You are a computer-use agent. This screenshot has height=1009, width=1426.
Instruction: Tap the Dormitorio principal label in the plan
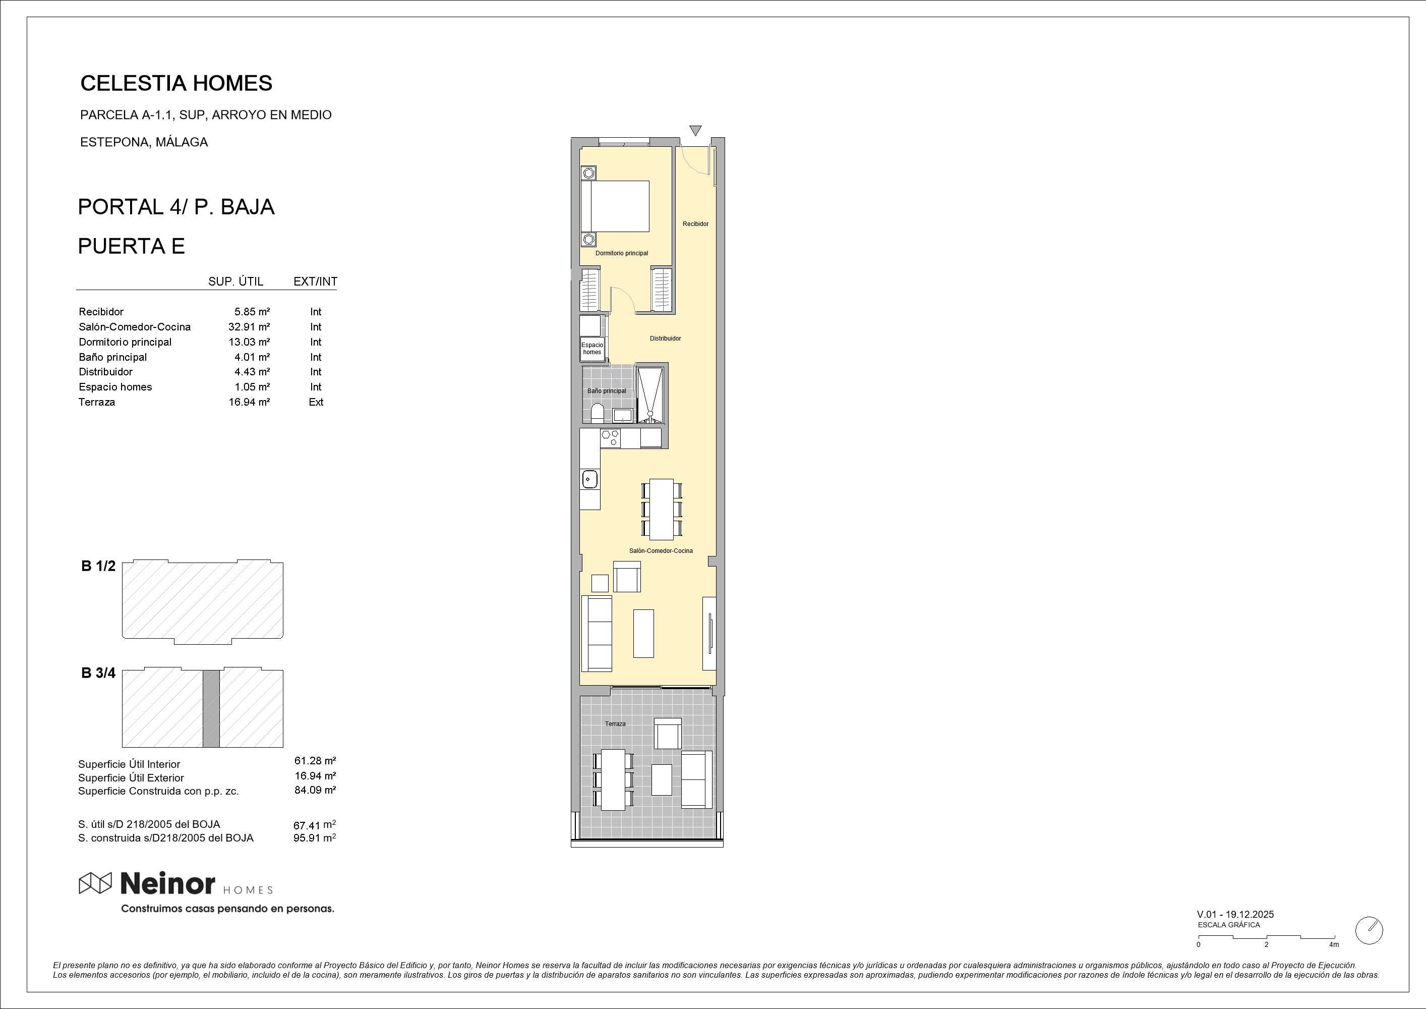(x=621, y=253)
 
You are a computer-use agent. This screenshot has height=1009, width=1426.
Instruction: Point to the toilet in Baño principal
(x=598, y=413)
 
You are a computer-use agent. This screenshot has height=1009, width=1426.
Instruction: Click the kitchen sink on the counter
(x=589, y=479)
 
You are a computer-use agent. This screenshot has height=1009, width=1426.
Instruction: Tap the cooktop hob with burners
(x=610, y=438)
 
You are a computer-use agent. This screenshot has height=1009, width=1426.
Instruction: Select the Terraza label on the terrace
(x=616, y=724)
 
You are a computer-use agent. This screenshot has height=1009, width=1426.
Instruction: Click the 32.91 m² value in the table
(x=249, y=327)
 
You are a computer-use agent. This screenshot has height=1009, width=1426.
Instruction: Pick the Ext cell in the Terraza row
(x=316, y=402)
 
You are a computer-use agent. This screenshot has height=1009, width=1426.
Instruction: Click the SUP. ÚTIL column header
(x=236, y=282)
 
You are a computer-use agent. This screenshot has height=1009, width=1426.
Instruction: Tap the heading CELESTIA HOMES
(x=176, y=83)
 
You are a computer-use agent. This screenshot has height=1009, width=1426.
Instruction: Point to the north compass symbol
(x=1369, y=931)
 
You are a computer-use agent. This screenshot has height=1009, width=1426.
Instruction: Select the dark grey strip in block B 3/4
(x=211, y=708)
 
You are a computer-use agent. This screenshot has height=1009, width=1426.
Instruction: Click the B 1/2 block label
(x=99, y=566)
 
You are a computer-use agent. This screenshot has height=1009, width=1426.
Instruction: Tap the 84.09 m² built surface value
(x=315, y=791)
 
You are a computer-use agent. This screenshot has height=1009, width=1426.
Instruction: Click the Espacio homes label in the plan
(x=592, y=349)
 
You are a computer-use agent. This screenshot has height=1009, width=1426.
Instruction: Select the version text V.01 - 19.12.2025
(x=1235, y=914)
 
